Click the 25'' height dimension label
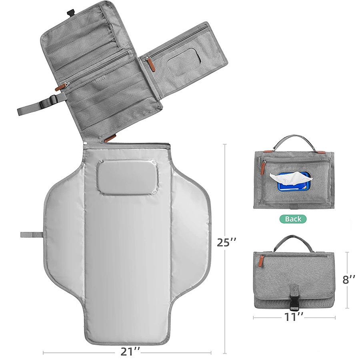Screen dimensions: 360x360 tap(226, 242)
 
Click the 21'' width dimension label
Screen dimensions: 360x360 tap(130, 351)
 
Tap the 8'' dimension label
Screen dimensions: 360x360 tap(349, 279)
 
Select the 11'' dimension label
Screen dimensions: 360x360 tap(294, 317)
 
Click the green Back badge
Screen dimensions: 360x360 tap(293, 219)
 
